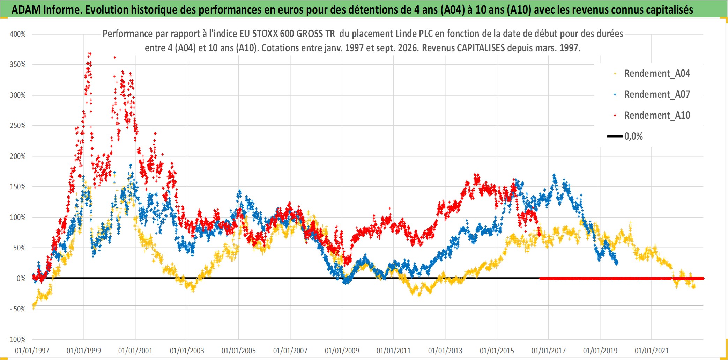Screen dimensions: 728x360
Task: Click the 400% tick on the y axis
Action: [x=18, y=34]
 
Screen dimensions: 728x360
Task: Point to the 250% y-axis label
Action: [x=18, y=126]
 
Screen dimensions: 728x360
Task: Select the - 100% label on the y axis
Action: [x=16, y=339]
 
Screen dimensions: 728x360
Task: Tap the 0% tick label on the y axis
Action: [x=21, y=278]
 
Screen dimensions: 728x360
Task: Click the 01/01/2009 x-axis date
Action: [x=342, y=351]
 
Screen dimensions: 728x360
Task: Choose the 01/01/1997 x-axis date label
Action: [x=32, y=351]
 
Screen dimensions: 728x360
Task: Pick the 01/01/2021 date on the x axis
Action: [x=652, y=351]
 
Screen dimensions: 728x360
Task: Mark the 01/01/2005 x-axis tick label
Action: [x=239, y=351]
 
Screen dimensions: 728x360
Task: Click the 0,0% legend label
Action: [x=633, y=136]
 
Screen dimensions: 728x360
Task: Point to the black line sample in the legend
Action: [x=615, y=136]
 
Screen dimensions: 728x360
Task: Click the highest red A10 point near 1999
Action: [x=89, y=53]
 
